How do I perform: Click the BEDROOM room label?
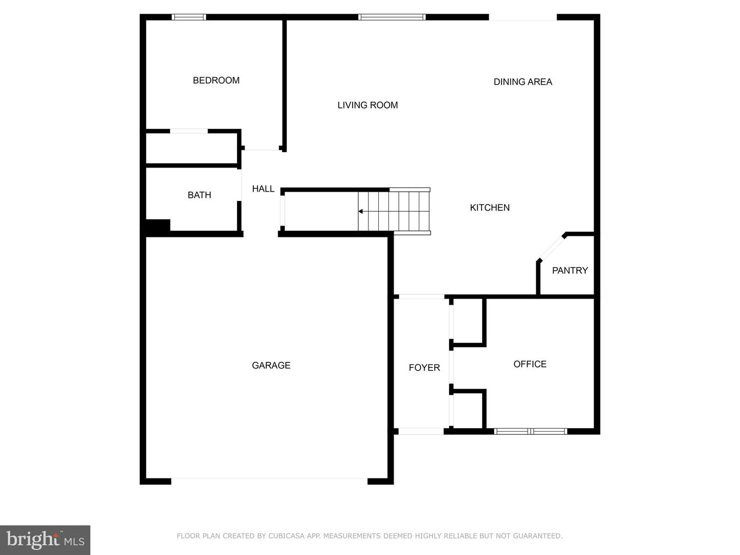(x=216, y=80)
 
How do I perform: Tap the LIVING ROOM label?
(x=367, y=105)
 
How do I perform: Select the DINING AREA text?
(x=523, y=82)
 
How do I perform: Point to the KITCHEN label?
(x=490, y=208)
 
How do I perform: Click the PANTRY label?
(x=570, y=270)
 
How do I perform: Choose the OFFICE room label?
(x=530, y=364)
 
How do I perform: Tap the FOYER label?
(x=424, y=367)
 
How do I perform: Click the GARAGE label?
(x=271, y=365)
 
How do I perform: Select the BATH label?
(x=199, y=195)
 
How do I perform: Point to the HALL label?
(x=263, y=189)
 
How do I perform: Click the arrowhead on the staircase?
(x=360, y=211)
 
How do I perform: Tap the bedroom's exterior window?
(x=189, y=17)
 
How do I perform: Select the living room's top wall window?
(x=392, y=17)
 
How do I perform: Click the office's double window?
(x=531, y=431)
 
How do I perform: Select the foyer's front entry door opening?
(x=421, y=431)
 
